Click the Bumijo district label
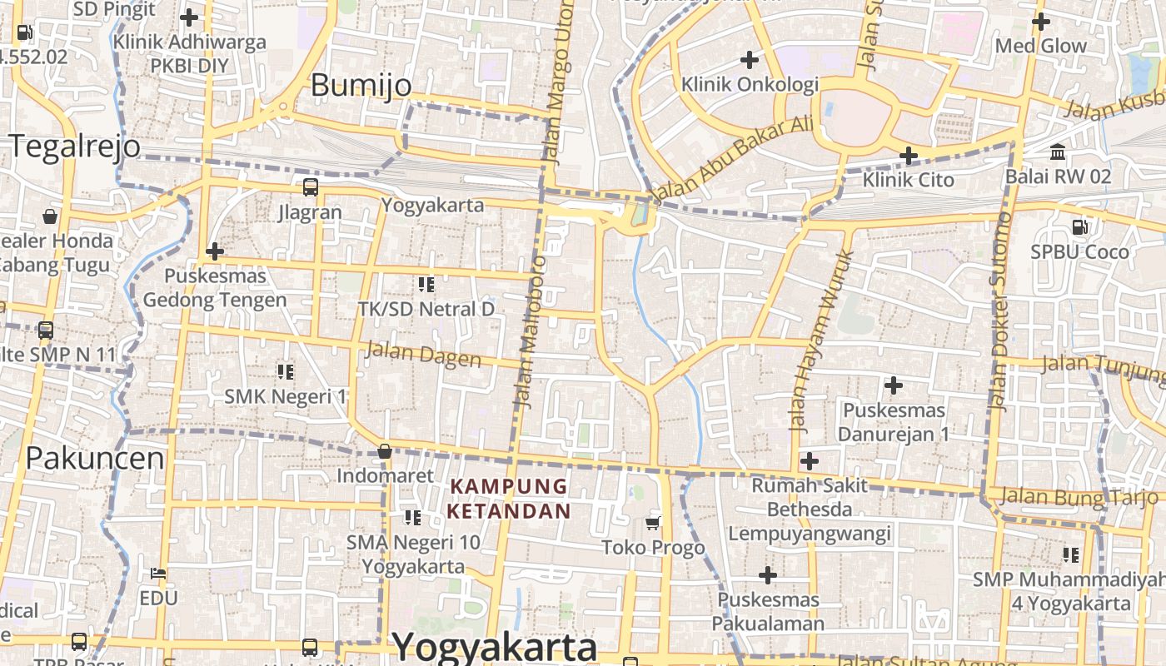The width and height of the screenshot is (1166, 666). [361, 85]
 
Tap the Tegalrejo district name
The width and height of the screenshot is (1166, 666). [76, 146]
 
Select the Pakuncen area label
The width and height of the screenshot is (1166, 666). [95, 458]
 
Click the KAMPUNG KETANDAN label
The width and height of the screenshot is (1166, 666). [509, 498]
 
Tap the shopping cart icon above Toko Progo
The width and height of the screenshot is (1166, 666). [653, 523]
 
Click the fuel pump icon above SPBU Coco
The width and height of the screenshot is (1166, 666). [1079, 226]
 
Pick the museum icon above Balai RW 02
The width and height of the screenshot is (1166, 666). [1058, 152]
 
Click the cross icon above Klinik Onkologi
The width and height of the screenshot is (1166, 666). [750, 59]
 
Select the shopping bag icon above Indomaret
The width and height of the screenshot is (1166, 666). [385, 451]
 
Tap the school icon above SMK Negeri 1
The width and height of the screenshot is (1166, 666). [286, 371]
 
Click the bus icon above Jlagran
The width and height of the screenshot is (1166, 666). [310, 187]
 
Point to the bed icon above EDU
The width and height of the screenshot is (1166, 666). [158, 574]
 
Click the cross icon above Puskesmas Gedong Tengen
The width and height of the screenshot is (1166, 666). [215, 251]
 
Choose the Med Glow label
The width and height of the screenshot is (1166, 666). [1041, 46]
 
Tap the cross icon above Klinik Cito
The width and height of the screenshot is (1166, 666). [909, 155]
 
